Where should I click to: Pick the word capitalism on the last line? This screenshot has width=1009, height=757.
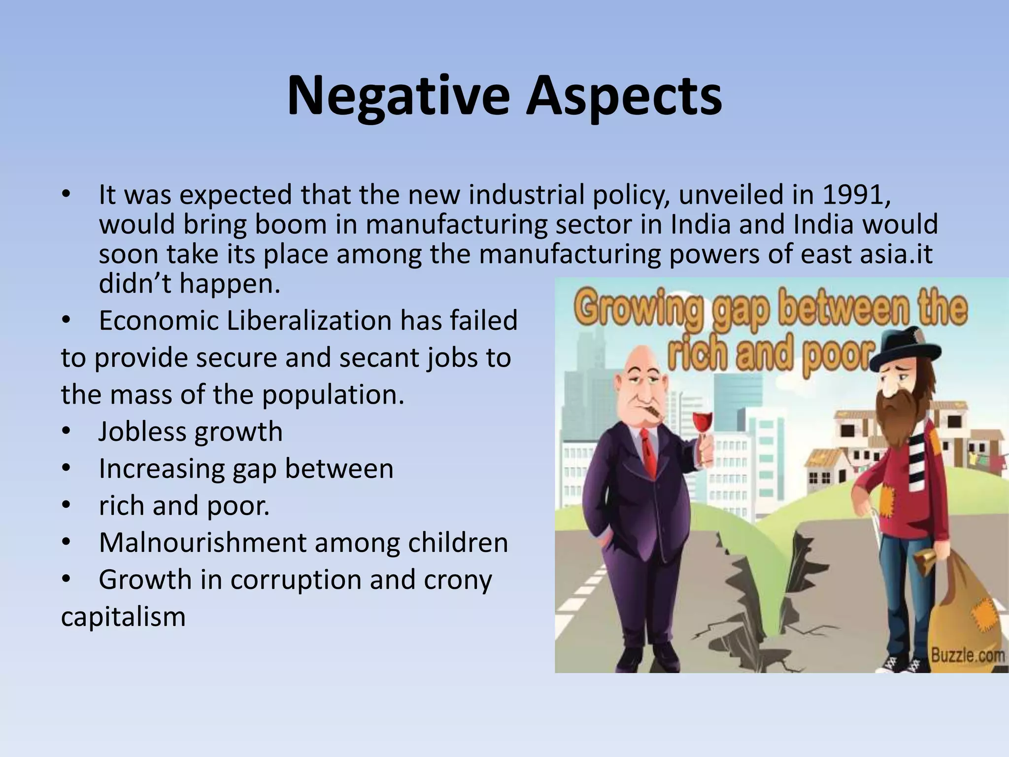click(x=123, y=617)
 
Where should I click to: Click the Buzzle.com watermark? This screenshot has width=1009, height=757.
click(x=967, y=656)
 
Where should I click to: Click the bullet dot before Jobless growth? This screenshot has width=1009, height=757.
click(x=67, y=432)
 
